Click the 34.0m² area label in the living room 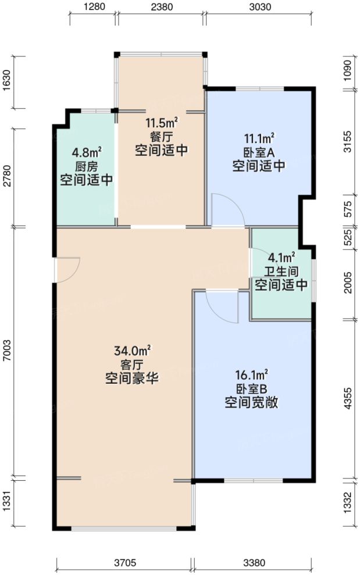click(x=133, y=351)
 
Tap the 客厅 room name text click(x=132, y=365)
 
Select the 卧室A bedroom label click(x=259, y=152)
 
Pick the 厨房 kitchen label click(x=87, y=166)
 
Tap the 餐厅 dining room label click(x=161, y=137)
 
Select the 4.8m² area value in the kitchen click(x=87, y=152)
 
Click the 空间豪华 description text click(x=132, y=378)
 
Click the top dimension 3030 click(x=259, y=8)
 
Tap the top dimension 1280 click(x=94, y=8)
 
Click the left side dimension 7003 click(x=6, y=352)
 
